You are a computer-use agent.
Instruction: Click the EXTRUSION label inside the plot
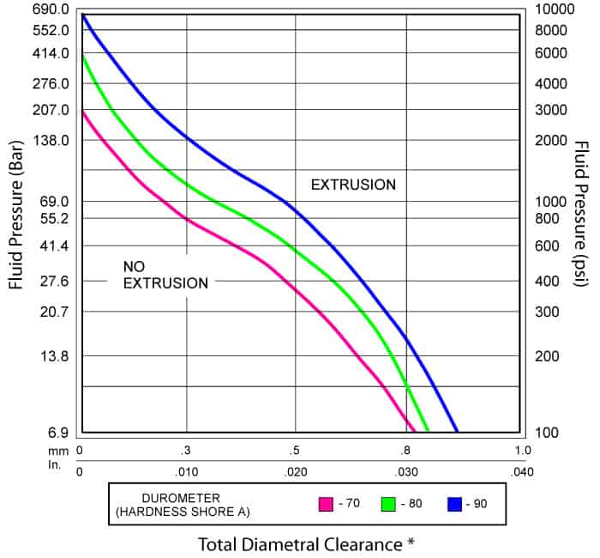353,185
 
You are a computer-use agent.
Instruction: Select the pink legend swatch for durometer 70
325,504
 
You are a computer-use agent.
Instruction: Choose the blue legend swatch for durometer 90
453,504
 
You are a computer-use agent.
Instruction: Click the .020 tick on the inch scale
295,471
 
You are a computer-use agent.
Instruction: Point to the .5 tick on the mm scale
295,450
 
